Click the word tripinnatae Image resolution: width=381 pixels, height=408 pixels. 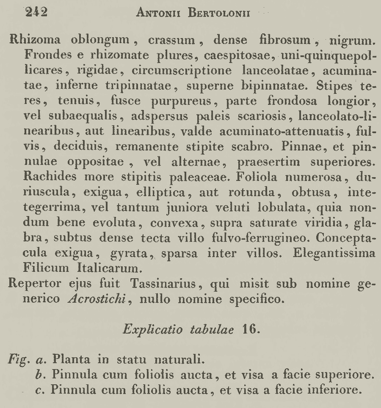[138, 86]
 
